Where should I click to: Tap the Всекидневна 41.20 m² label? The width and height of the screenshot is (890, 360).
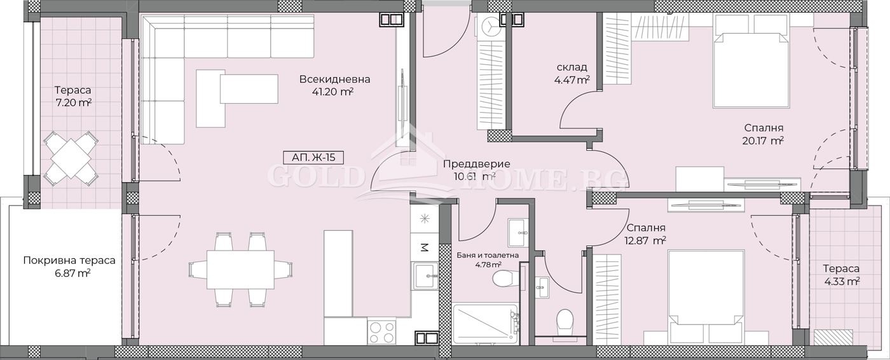(x=335, y=85)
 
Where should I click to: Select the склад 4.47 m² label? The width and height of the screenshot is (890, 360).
(x=571, y=73)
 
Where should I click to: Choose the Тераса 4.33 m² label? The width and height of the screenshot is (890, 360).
(x=840, y=274)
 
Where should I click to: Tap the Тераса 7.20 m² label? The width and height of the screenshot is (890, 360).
(x=72, y=96)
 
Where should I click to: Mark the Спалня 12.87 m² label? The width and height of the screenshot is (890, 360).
(x=645, y=233)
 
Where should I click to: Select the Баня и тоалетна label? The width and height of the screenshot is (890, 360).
(x=488, y=259)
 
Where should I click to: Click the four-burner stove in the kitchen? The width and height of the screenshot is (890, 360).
(x=382, y=330)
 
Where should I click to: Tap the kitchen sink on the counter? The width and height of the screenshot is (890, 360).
(x=423, y=276)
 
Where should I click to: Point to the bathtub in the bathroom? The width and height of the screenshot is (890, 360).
(x=486, y=324)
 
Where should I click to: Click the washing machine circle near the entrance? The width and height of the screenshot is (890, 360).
(x=492, y=27)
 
